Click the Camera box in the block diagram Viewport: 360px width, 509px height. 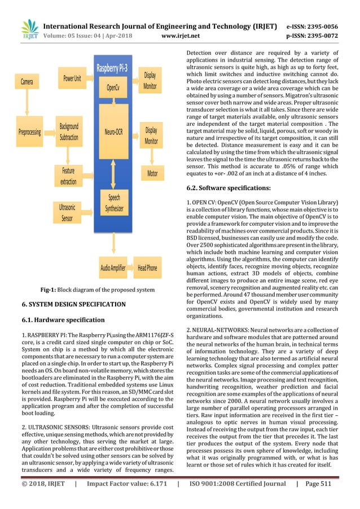pos(28,82)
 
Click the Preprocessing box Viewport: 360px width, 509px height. pos(29,132)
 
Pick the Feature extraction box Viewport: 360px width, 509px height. pos(68,175)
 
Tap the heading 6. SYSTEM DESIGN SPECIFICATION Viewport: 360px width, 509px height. pos(73,304)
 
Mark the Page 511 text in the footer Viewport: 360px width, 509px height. pos(321,499)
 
